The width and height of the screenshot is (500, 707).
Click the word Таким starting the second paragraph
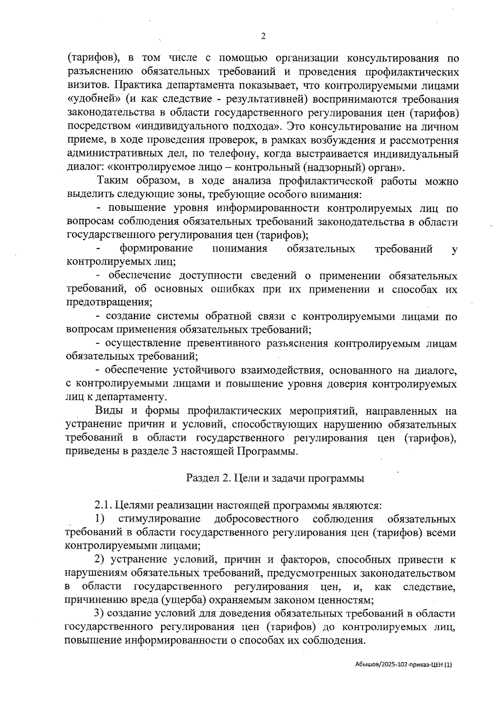coord(112,181)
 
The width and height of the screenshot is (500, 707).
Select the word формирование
coord(156,249)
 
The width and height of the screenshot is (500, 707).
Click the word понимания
coord(240,249)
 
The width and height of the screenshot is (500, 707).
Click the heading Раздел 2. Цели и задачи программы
coord(275,478)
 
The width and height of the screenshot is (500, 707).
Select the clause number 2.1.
coord(102,506)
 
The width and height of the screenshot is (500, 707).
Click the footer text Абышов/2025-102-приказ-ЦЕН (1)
coord(401,665)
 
